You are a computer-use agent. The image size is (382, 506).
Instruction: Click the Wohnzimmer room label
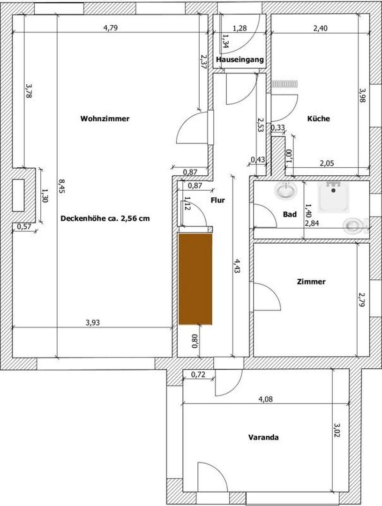click(105, 119)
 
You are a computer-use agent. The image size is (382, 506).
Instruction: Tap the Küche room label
click(318, 119)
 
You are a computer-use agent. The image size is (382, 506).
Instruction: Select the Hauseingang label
click(240, 60)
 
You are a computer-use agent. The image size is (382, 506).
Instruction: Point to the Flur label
click(217, 200)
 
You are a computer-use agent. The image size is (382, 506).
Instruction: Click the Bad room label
click(290, 214)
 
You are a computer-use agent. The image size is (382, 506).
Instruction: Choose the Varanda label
click(263, 438)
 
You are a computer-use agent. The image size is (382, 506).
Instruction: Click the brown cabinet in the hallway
click(195, 279)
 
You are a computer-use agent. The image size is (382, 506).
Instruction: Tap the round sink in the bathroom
click(286, 190)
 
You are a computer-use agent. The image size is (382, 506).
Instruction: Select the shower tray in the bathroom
click(334, 197)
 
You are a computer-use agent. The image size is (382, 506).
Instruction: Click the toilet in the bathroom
click(355, 225)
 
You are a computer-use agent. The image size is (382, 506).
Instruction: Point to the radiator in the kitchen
click(285, 84)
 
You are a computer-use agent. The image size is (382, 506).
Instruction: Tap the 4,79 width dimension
click(111, 28)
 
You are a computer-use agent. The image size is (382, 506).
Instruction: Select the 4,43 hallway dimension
click(237, 266)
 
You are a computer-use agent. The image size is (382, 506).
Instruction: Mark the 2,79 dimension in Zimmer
click(362, 299)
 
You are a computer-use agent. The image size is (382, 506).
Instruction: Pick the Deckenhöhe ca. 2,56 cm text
click(105, 218)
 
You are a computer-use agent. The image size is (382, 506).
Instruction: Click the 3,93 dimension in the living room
click(93, 322)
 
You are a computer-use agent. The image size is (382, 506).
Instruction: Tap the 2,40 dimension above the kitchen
click(320, 29)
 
